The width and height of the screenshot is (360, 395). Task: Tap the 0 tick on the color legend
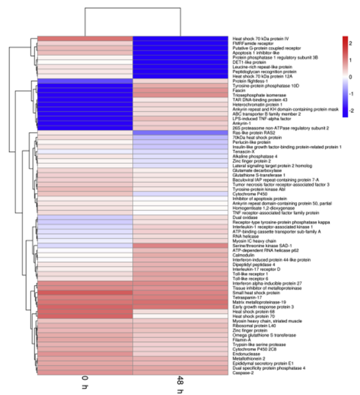point(352,76)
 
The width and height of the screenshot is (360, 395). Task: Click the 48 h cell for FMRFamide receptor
point(180,43)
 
